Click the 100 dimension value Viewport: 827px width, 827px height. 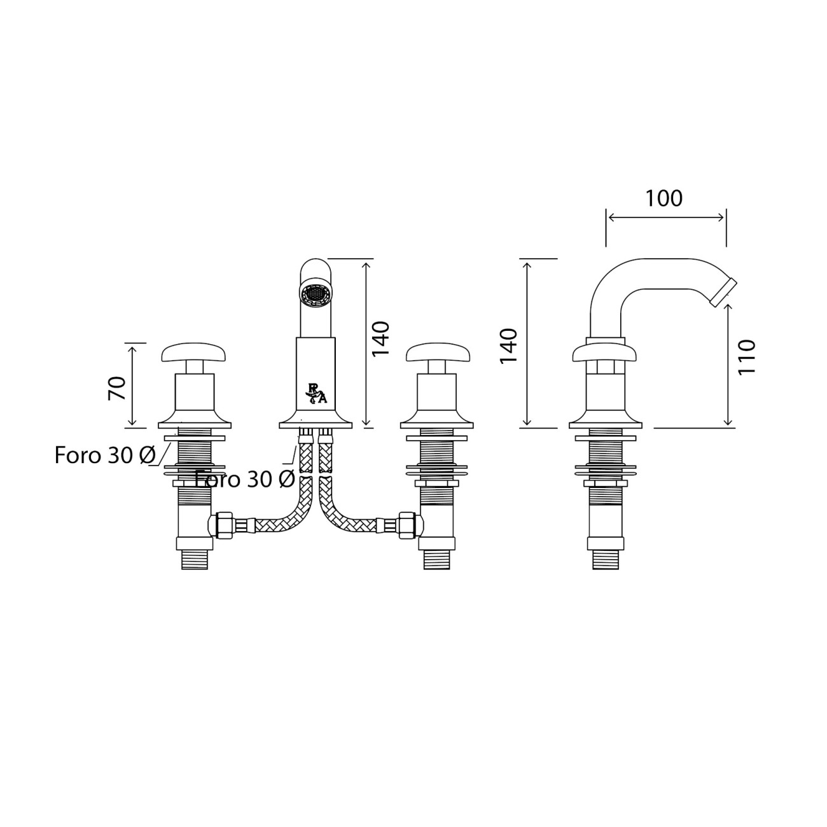664,198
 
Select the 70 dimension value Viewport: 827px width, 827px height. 117,389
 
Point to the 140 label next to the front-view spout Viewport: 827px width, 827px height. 380,338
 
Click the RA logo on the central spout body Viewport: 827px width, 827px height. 316,393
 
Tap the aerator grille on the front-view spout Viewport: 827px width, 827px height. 316,295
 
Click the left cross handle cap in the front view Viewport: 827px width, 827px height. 195,352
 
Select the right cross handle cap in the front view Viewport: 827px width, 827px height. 438,352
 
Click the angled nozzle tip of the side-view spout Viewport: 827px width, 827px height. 723,293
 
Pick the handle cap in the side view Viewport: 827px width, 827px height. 606,354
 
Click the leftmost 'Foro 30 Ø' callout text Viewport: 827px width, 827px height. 105,455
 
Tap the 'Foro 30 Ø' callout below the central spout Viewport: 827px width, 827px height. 245,479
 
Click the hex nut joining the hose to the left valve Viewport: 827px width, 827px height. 224,524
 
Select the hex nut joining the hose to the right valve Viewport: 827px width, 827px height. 407,524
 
